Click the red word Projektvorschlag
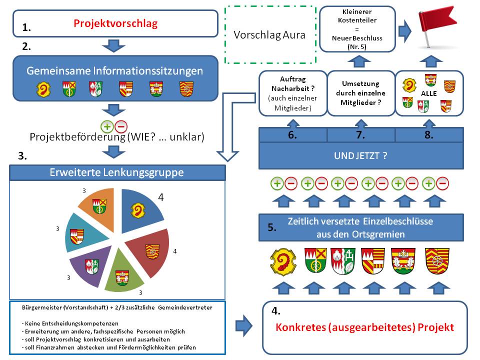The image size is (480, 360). (x=115, y=23)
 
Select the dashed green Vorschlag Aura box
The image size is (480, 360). (x=270, y=35)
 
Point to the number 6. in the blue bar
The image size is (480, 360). (x=292, y=135)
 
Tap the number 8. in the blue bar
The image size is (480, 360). (x=429, y=135)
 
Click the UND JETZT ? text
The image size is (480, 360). (x=360, y=155)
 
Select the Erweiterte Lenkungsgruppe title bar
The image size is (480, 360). (x=117, y=173)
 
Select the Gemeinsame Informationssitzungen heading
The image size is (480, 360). (x=115, y=70)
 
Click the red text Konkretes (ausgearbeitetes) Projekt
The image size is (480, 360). (x=365, y=327)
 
